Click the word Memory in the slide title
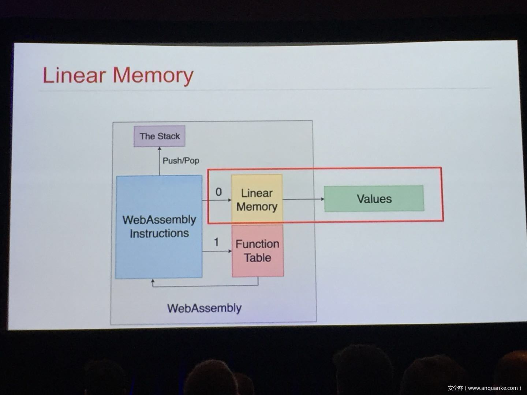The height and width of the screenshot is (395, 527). tap(153, 76)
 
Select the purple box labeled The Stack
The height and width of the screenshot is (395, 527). tap(159, 136)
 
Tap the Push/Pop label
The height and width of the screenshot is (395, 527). tap(181, 161)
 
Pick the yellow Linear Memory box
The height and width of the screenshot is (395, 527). tap(257, 200)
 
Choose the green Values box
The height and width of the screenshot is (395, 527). tap(374, 199)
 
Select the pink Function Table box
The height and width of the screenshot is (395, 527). tap(258, 251)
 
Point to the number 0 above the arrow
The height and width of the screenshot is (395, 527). tap(218, 192)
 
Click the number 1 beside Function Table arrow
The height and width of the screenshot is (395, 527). tap(216, 242)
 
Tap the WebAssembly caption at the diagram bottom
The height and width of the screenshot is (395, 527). tap(204, 308)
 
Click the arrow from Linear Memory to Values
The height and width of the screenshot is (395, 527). tap(303, 199)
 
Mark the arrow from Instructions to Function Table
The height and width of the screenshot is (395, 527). tap(217, 251)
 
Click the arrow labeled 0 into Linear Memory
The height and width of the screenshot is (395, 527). tap(217, 200)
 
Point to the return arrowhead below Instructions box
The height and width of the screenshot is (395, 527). tap(153, 281)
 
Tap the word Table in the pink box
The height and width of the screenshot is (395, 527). tap(258, 257)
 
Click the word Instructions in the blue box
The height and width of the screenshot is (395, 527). tap(159, 233)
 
